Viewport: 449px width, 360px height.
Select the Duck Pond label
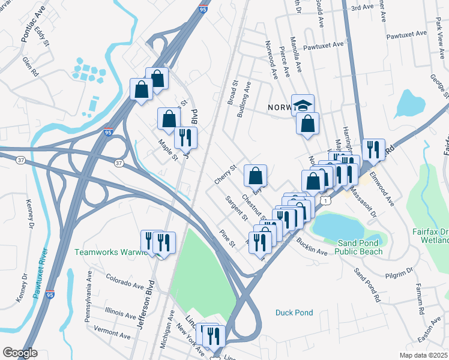pos(294,313)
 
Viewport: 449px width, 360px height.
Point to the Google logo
pos(20,353)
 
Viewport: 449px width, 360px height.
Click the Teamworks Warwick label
pos(110,252)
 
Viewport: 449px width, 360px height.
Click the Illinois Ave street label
pos(120,314)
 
